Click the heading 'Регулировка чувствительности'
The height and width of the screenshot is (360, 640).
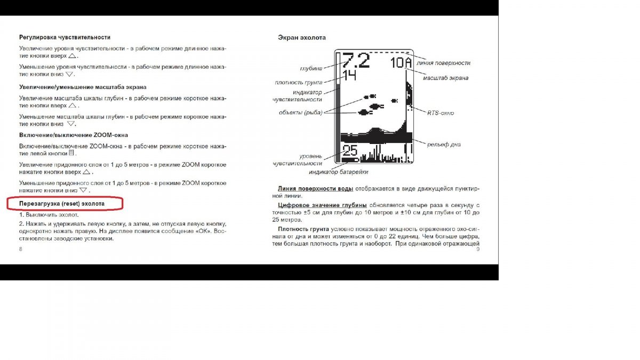point(65,37)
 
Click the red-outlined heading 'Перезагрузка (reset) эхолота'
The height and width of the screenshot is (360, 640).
point(62,204)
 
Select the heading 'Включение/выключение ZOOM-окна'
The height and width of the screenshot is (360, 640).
point(74,135)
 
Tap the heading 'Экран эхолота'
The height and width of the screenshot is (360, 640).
point(302,37)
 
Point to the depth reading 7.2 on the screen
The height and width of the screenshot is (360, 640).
point(356,60)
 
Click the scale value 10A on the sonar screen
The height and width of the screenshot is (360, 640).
point(401,62)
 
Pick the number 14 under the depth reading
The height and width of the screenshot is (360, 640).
point(349,75)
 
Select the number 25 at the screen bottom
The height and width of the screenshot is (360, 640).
point(350,150)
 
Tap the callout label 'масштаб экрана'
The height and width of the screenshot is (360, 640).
point(445,78)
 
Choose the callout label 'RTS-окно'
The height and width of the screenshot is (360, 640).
point(441,113)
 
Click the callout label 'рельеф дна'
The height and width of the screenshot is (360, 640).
point(444,144)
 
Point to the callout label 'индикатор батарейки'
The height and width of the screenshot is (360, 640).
point(338,172)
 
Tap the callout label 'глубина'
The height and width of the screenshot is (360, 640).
point(312,68)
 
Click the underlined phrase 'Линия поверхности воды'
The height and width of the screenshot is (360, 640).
point(315,189)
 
